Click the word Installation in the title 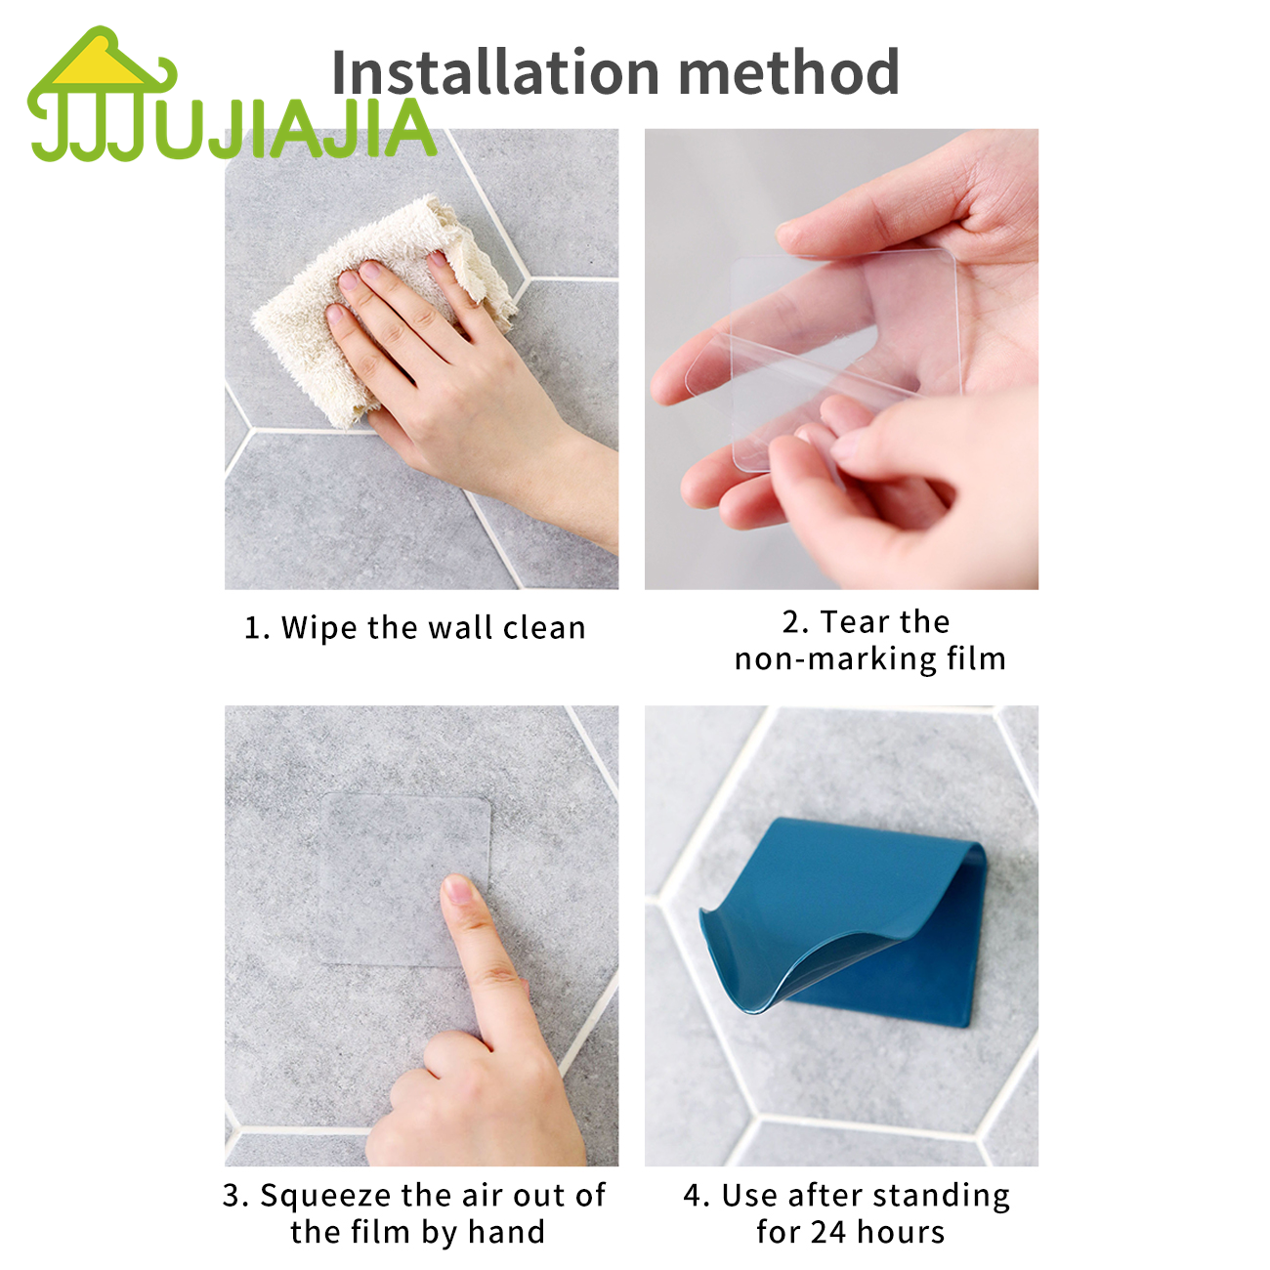tap(495, 71)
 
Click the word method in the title tap(789, 71)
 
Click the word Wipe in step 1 tap(319, 627)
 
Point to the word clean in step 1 tap(544, 627)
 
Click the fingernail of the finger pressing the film tap(457, 889)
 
